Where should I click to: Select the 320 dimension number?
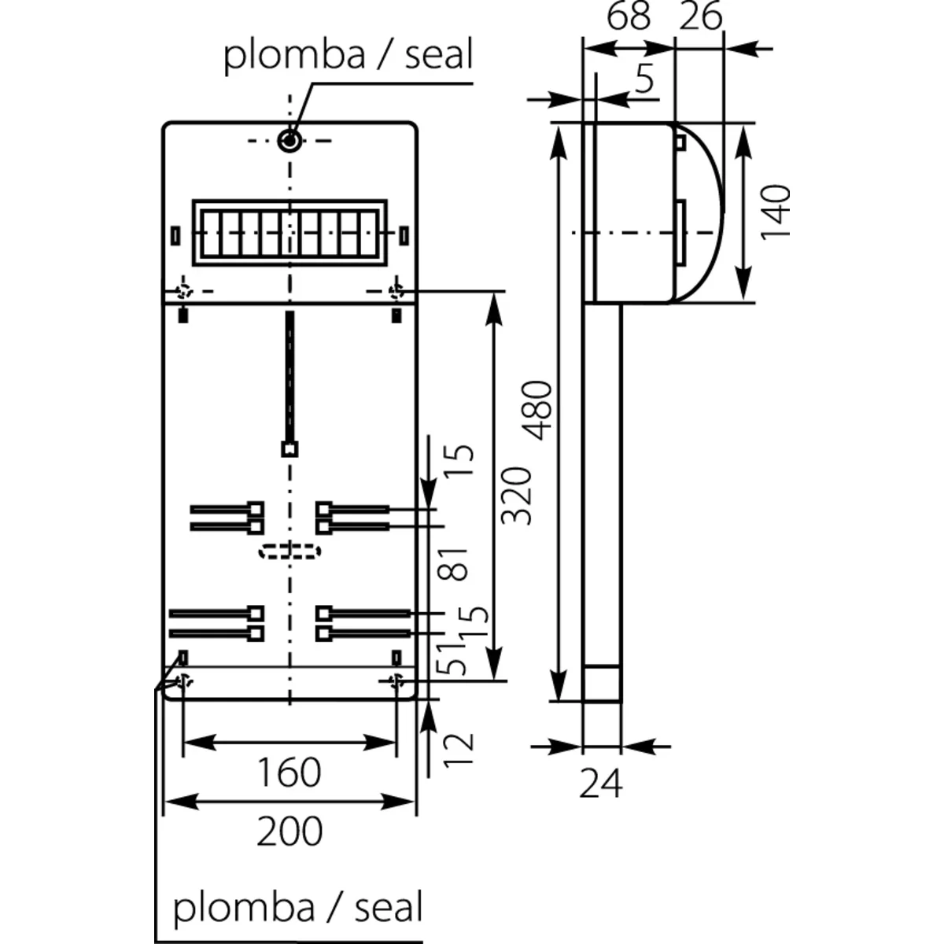(517, 496)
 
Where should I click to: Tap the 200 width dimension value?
(289, 831)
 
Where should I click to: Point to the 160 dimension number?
(289, 773)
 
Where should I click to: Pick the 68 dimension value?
(629, 16)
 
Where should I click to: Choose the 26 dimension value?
(700, 16)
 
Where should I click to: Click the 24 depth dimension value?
(601, 784)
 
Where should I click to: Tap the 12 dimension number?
(462, 750)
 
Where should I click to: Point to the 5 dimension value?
(644, 79)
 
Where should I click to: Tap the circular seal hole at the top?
(289, 141)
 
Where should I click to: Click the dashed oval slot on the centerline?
(289, 551)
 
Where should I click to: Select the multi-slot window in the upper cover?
(289, 232)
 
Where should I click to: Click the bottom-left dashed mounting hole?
(183, 680)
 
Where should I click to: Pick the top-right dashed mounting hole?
(396, 291)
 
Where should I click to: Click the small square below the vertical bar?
(289, 449)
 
